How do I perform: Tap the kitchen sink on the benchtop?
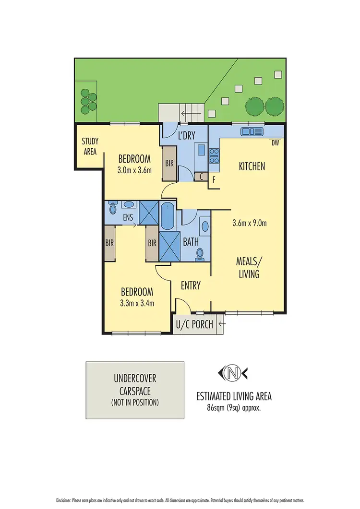point(252,131)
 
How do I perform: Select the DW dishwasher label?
point(275,142)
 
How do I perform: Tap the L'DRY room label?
point(186,136)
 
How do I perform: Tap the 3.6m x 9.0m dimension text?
point(249,223)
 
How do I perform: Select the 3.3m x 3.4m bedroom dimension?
point(137,303)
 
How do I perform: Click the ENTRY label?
point(191,285)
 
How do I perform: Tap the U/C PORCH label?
point(195,324)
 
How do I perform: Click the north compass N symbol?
point(234,372)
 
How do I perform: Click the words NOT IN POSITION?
point(134,402)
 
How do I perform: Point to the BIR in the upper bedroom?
point(169,164)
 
